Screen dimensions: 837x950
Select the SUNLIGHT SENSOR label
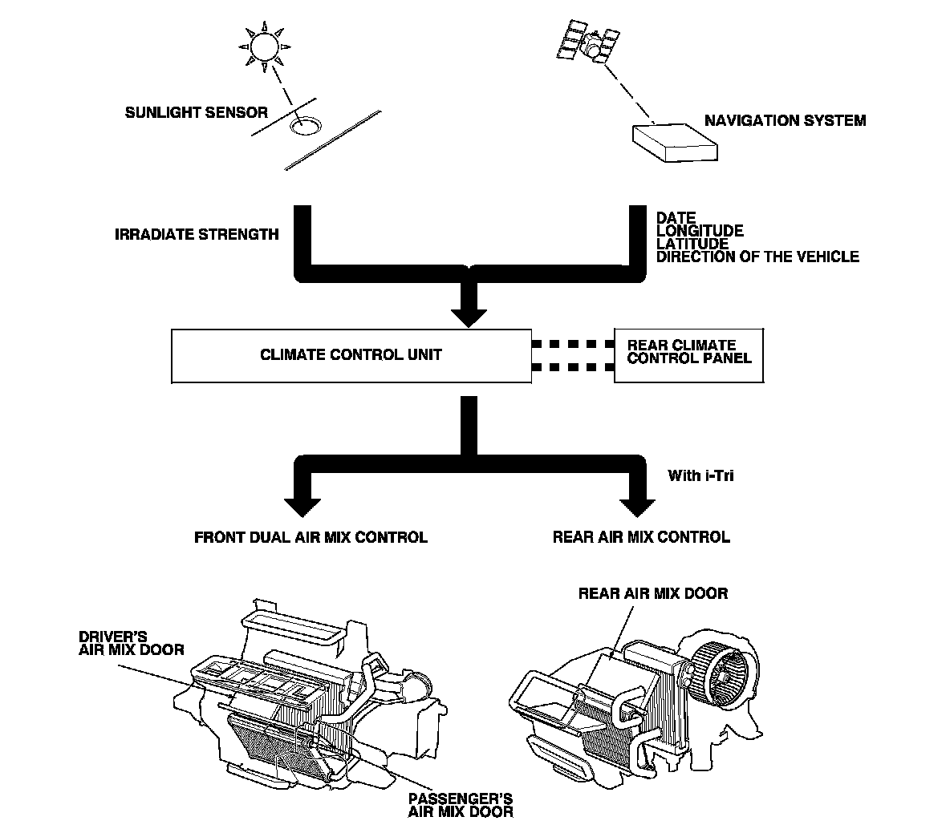(x=196, y=113)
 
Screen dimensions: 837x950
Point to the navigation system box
(x=674, y=143)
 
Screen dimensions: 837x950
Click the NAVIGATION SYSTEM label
(x=785, y=121)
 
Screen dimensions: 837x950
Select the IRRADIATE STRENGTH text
(x=197, y=235)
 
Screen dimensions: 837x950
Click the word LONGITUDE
(x=699, y=231)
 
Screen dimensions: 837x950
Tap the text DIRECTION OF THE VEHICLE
(x=757, y=257)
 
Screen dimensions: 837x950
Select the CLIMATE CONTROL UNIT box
(x=351, y=354)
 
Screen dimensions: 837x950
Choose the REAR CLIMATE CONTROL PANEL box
(x=688, y=354)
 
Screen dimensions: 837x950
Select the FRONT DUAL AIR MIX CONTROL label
(x=311, y=537)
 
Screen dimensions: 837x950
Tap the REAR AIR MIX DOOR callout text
(x=652, y=594)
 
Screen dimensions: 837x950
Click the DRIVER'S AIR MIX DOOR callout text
(x=130, y=644)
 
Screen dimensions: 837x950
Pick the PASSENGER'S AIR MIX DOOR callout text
(x=460, y=805)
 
